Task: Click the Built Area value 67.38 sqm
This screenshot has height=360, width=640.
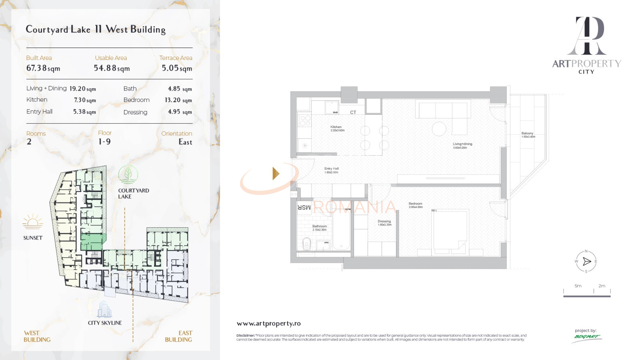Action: click(43, 68)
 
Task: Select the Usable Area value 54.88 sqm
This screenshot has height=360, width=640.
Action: click(112, 68)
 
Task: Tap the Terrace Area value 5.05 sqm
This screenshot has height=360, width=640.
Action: click(177, 68)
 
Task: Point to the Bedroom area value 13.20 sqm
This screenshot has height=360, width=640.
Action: click(178, 100)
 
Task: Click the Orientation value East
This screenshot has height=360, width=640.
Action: click(185, 142)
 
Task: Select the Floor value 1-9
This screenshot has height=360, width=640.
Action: click(104, 142)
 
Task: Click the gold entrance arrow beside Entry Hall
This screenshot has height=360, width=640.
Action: click(276, 173)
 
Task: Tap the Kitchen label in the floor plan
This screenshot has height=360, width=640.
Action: click(336, 127)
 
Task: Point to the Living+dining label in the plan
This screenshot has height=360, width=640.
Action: click(462, 144)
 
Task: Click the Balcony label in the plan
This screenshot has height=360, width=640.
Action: click(527, 134)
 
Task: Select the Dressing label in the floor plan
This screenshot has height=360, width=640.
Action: click(384, 221)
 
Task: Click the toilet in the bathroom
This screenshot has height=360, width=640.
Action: click(307, 244)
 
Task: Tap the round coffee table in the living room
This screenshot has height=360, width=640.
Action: click(439, 129)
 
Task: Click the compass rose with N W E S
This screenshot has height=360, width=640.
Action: click(586, 262)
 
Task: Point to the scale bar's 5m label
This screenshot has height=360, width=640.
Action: click(578, 286)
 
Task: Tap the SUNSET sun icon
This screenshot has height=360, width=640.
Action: click(33, 222)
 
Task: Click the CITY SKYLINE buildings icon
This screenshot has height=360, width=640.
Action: click(104, 310)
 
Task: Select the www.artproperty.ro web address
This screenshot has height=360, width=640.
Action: click(268, 324)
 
